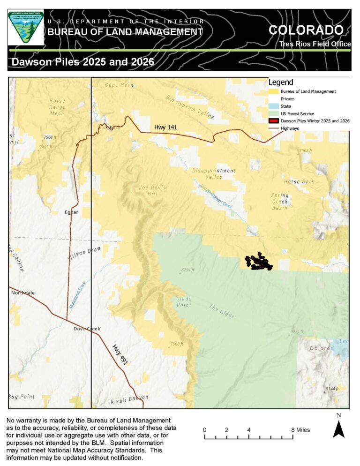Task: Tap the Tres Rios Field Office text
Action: coord(315,44)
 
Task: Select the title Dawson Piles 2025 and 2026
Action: coord(83,62)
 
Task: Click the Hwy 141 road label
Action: coord(166,128)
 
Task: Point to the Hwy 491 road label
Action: coord(120,355)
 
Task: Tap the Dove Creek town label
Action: coord(87,329)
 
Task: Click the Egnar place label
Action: coord(71,212)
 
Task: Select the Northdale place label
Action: coord(23,293)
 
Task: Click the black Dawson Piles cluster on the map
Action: coord(258,262)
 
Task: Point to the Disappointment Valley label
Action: coord(214,174)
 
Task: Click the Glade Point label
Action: coord(183,302)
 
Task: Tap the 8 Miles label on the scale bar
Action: coord(300,430)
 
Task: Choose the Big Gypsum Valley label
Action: coord(190,107)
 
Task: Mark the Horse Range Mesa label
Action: coord(57,107)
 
